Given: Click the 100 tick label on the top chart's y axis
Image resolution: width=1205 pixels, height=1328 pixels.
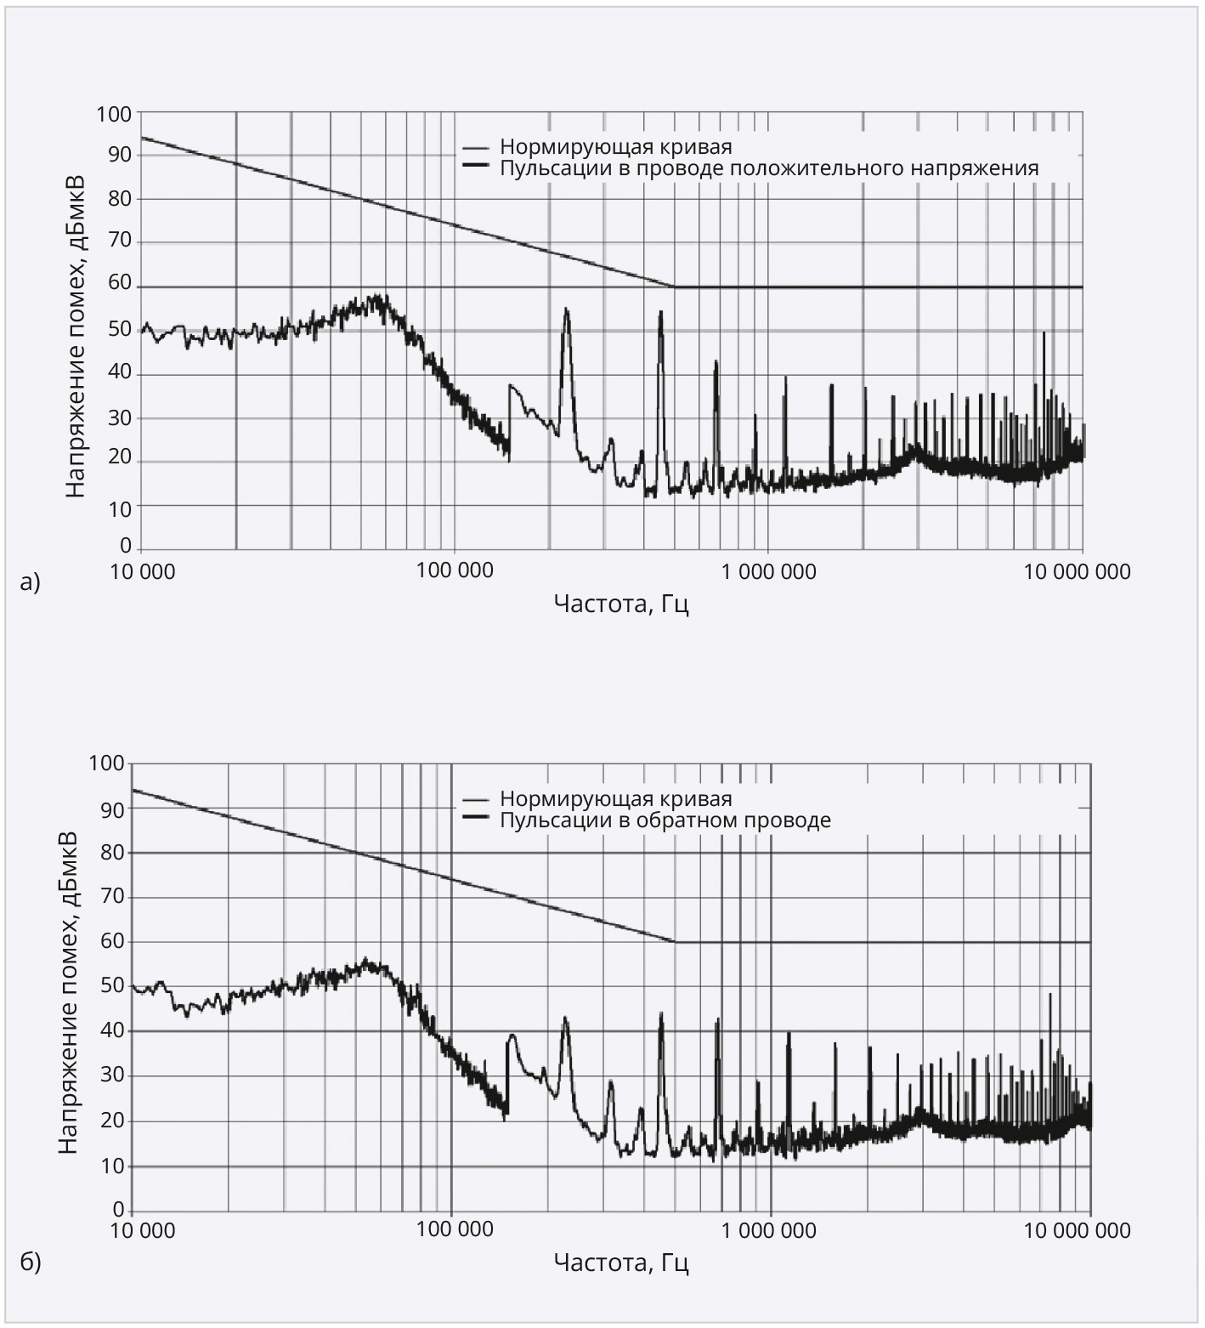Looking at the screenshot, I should (115, 113).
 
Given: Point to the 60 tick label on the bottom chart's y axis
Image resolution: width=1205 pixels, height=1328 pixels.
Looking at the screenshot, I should (112, 941).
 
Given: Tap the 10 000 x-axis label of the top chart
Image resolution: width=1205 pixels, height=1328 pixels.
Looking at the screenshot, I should (143, 571).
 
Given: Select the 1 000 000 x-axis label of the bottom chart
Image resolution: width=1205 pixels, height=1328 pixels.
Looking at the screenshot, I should (769, 1230).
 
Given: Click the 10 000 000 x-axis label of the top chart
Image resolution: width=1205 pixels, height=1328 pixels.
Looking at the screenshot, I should (1077, 571).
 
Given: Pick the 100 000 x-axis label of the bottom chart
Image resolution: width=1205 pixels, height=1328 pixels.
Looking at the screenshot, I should (455, 1230).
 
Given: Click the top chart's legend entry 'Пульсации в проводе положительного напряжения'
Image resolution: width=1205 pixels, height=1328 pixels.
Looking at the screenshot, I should (768, 167).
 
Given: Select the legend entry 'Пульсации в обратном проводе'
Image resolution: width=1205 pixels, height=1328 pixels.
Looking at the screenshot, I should (665, 820).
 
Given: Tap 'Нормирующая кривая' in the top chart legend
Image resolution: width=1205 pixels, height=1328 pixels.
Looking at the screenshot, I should (615, 146).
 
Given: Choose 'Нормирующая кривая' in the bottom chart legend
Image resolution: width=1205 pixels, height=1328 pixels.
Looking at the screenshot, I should (615, 799).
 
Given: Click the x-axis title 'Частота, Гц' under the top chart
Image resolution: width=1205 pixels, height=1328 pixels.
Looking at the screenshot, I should (620, 604).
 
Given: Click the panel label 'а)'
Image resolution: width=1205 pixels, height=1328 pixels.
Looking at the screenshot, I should (31, 582).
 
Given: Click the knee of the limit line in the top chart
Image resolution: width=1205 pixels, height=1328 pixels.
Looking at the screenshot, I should (676, 287).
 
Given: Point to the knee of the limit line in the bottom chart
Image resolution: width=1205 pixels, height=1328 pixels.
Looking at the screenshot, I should (676, 941).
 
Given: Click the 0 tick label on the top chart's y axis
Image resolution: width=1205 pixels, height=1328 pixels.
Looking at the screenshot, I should (125, 545).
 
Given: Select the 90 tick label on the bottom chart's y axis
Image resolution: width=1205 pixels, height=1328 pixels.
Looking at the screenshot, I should (112, 808).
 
